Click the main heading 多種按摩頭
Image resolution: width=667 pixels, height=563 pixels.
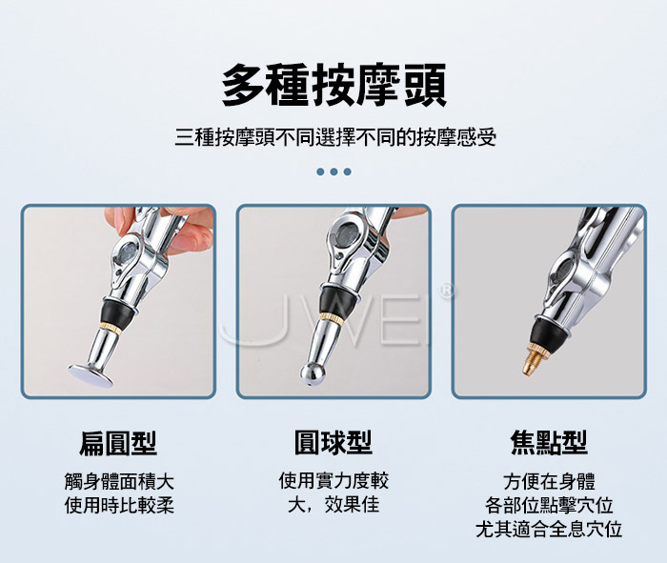(x=333, y=85)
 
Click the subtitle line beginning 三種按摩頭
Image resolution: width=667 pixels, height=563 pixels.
(x=335, y=137)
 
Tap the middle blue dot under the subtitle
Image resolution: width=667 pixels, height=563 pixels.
(x=333, y=171)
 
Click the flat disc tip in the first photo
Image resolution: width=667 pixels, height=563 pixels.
(x=91, y=375)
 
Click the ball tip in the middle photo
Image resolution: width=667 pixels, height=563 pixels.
(x=313, y=373)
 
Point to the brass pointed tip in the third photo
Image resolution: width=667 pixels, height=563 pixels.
(x=534, y=359)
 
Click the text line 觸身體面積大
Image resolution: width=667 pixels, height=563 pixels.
(x=119, y=481)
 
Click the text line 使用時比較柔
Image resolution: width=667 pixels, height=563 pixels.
(x=119, y=505)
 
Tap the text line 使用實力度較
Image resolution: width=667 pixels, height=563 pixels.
(x=333, y=481)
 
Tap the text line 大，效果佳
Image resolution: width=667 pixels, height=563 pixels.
(x=333, y=505)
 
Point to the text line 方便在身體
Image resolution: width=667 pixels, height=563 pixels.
(x=549, y=481)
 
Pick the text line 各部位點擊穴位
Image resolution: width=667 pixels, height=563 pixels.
(x=549, y=505)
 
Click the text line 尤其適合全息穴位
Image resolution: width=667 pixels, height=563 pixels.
(x=549, y=529)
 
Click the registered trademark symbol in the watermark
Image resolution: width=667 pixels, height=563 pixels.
(x=446, y=291)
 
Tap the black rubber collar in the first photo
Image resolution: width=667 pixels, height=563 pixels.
(x=117, y=313)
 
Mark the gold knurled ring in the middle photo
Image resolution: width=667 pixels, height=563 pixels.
(x=330, y=317)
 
